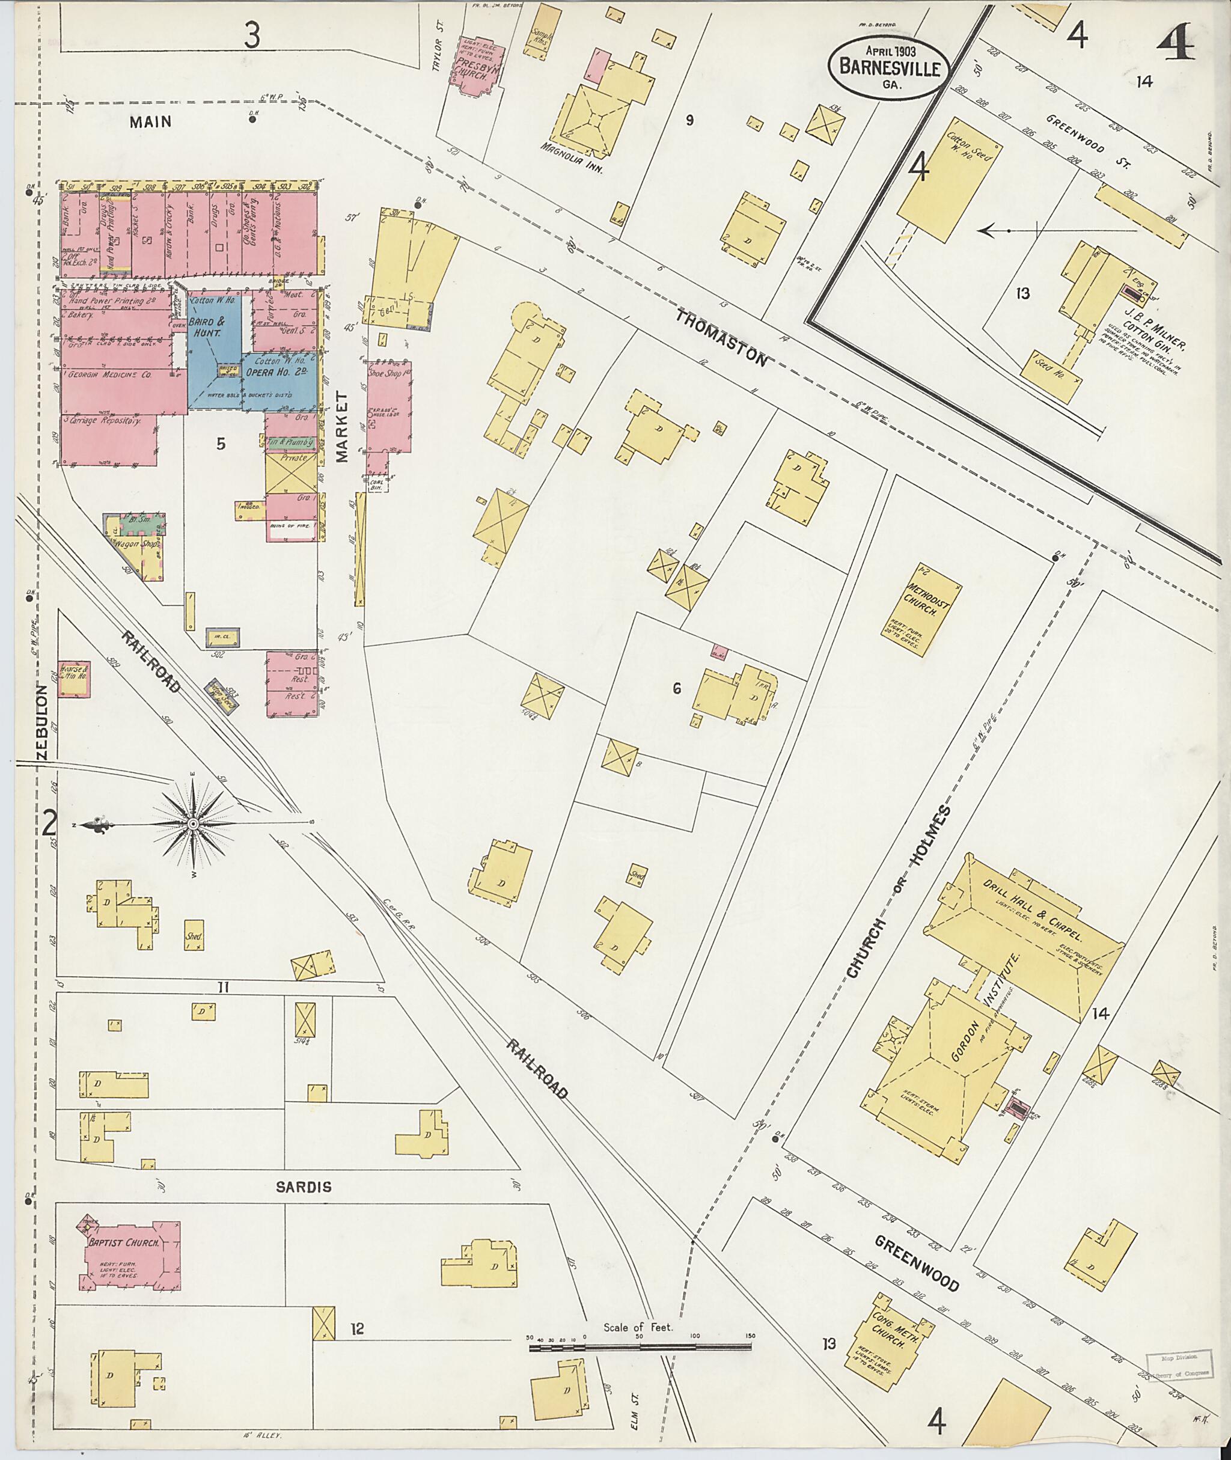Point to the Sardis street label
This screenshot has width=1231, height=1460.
(303, 1187)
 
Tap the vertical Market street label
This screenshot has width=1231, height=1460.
(341, 427)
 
